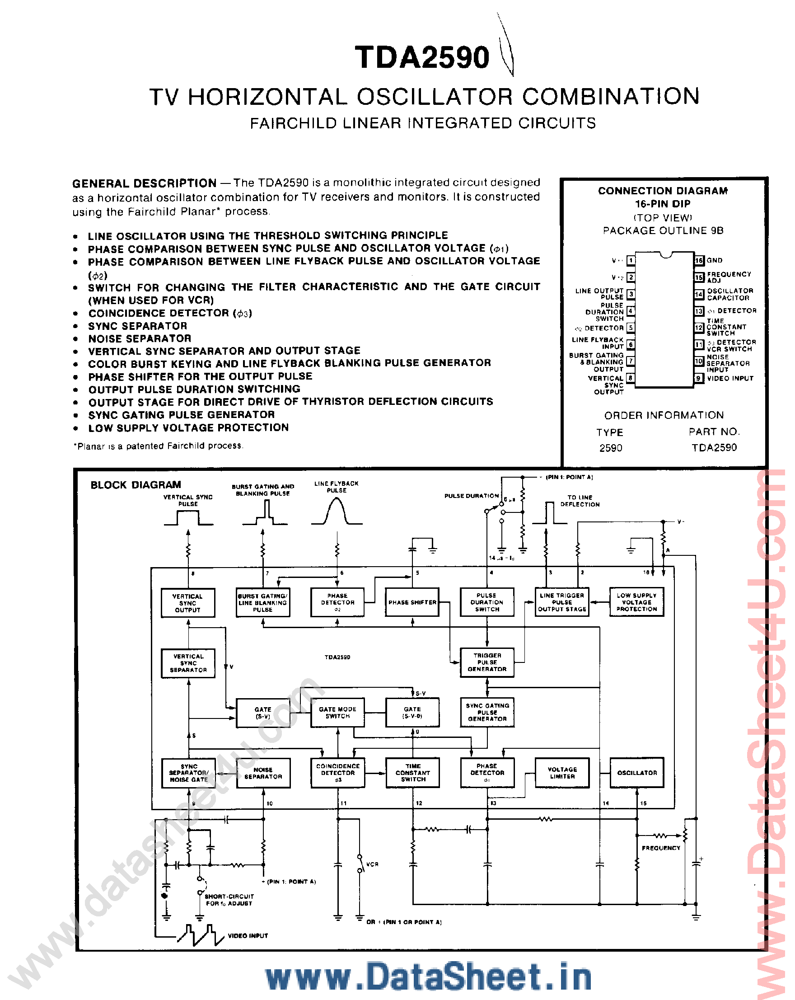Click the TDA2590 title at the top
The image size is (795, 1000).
[x=421, y=57]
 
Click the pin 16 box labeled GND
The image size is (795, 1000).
[x=699, y=260]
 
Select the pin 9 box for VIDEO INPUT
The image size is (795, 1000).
[x=699, y=378]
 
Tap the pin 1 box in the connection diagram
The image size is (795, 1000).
[x=631, y=260]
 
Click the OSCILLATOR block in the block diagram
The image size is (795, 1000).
[x=636, y=773]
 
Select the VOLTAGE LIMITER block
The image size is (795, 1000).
[x=562, y=773]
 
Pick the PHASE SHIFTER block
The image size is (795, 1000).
[x=412, y=602]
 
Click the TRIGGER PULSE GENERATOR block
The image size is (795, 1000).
[x=487, y=662]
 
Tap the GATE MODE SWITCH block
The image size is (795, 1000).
[x=337, y=713]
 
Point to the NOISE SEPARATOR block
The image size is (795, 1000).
[x=263, y=773]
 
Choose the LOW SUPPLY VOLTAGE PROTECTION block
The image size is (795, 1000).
[x=636, y=602]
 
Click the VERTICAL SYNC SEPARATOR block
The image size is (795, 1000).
[x=188, y=663]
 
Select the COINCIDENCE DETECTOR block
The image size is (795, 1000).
[x=337, y=773]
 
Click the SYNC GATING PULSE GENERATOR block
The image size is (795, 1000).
[x=487, y=712]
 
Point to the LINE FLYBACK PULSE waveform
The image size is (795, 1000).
[x=337, y=512]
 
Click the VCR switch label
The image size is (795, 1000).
[x=372, y=864]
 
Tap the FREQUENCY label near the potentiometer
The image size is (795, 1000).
[x=660, y=848]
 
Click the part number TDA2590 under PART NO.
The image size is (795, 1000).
[x=714, y=448]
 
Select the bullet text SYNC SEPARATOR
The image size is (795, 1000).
[x=138, y=326]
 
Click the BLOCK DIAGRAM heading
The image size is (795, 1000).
[x=136, y=485]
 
